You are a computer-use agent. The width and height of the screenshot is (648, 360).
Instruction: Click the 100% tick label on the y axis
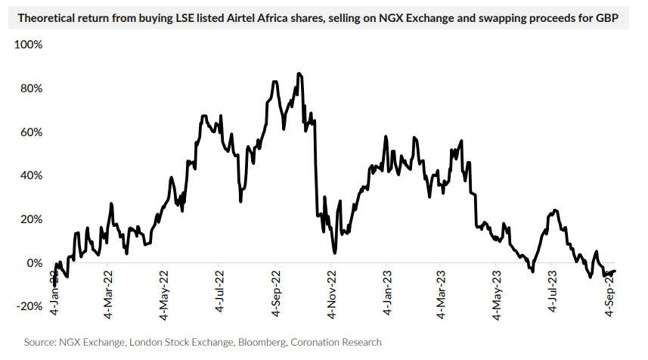click(x=29, y=45)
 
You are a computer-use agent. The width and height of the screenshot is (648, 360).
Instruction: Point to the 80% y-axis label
click(x=31, y=88)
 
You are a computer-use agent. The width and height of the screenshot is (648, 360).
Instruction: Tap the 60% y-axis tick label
click(x=31, y=132)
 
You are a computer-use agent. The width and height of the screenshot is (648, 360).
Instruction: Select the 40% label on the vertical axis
click(x=31, y=175)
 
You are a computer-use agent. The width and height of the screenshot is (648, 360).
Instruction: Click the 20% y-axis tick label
click(x=31, y=219)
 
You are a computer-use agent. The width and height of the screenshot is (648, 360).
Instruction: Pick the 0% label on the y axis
click(x=34, y=263)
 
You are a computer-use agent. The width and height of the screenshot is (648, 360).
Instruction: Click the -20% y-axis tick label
click(x=29, y=306)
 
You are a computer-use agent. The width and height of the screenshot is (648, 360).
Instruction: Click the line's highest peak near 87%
click(x=299, y=73)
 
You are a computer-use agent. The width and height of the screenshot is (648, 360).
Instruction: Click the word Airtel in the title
click(x=213, y=17)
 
